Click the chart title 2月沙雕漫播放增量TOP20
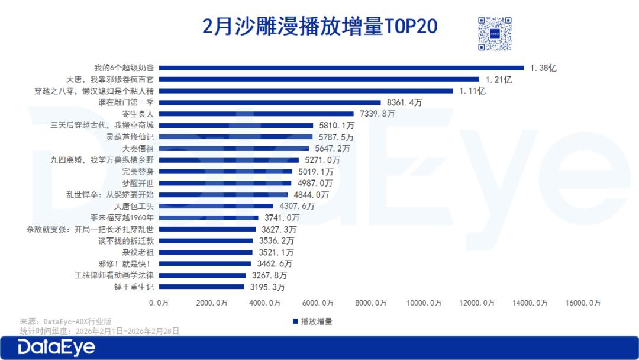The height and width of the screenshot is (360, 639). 319,27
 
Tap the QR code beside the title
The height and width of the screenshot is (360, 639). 495,34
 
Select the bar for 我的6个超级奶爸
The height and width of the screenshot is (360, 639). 342,67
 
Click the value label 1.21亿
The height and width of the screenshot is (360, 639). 499,79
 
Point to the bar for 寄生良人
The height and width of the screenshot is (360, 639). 257,114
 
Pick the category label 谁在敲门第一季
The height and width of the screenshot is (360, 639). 126,102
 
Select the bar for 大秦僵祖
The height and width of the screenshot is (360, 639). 234,148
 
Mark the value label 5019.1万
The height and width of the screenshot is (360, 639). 315,172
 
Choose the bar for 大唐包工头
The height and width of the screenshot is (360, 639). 217,206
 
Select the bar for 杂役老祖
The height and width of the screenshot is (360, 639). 206,252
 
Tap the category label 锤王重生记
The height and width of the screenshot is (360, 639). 134,287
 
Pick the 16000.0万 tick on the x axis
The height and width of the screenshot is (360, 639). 583,303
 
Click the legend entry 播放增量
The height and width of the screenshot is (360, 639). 312,322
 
